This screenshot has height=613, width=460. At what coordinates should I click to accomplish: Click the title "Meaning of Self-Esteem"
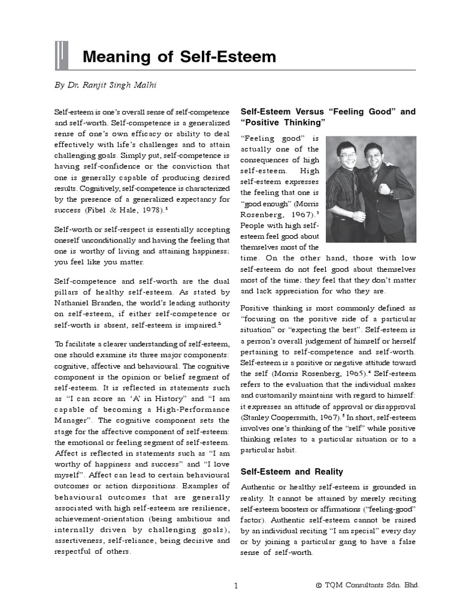tap(179, 57)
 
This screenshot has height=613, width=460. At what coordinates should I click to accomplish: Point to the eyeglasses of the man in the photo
tap(349, 155)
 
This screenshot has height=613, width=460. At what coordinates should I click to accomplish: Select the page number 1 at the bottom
tap(237, 586)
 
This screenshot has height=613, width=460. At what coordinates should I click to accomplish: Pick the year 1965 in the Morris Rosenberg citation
tap(344, 373)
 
